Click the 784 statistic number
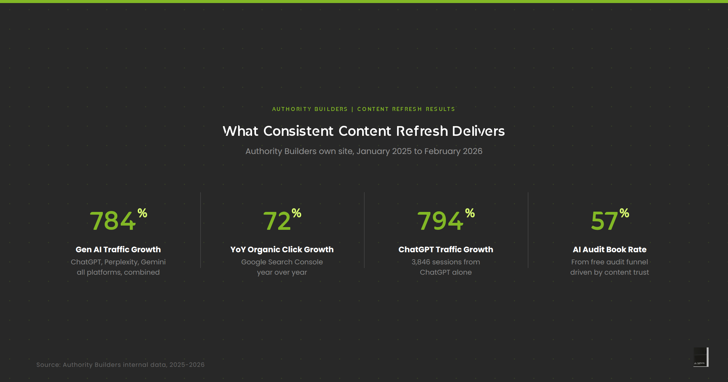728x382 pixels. [113, 221]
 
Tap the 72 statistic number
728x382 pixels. [277, 221]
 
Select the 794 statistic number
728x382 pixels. [440, 221]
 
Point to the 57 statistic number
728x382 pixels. [604, 221]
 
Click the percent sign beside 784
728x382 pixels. [142, 213]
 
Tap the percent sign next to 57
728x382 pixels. [624, 213]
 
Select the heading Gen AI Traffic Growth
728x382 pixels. [118, 250]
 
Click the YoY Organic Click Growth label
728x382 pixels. [282, 250]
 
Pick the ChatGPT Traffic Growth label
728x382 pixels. [446, 250]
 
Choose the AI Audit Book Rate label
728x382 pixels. [610, 250]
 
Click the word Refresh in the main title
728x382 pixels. [422, 131]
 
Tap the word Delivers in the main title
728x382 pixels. [478, 131]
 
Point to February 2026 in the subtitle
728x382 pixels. [453, 151]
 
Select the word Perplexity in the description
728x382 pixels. [121, 262]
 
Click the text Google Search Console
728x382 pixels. [282, 262]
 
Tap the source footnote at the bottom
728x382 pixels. [120, 365]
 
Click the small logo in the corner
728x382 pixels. [701, 357]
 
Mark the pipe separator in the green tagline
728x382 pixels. [352, 109]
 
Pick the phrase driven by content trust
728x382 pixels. [610, 272]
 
